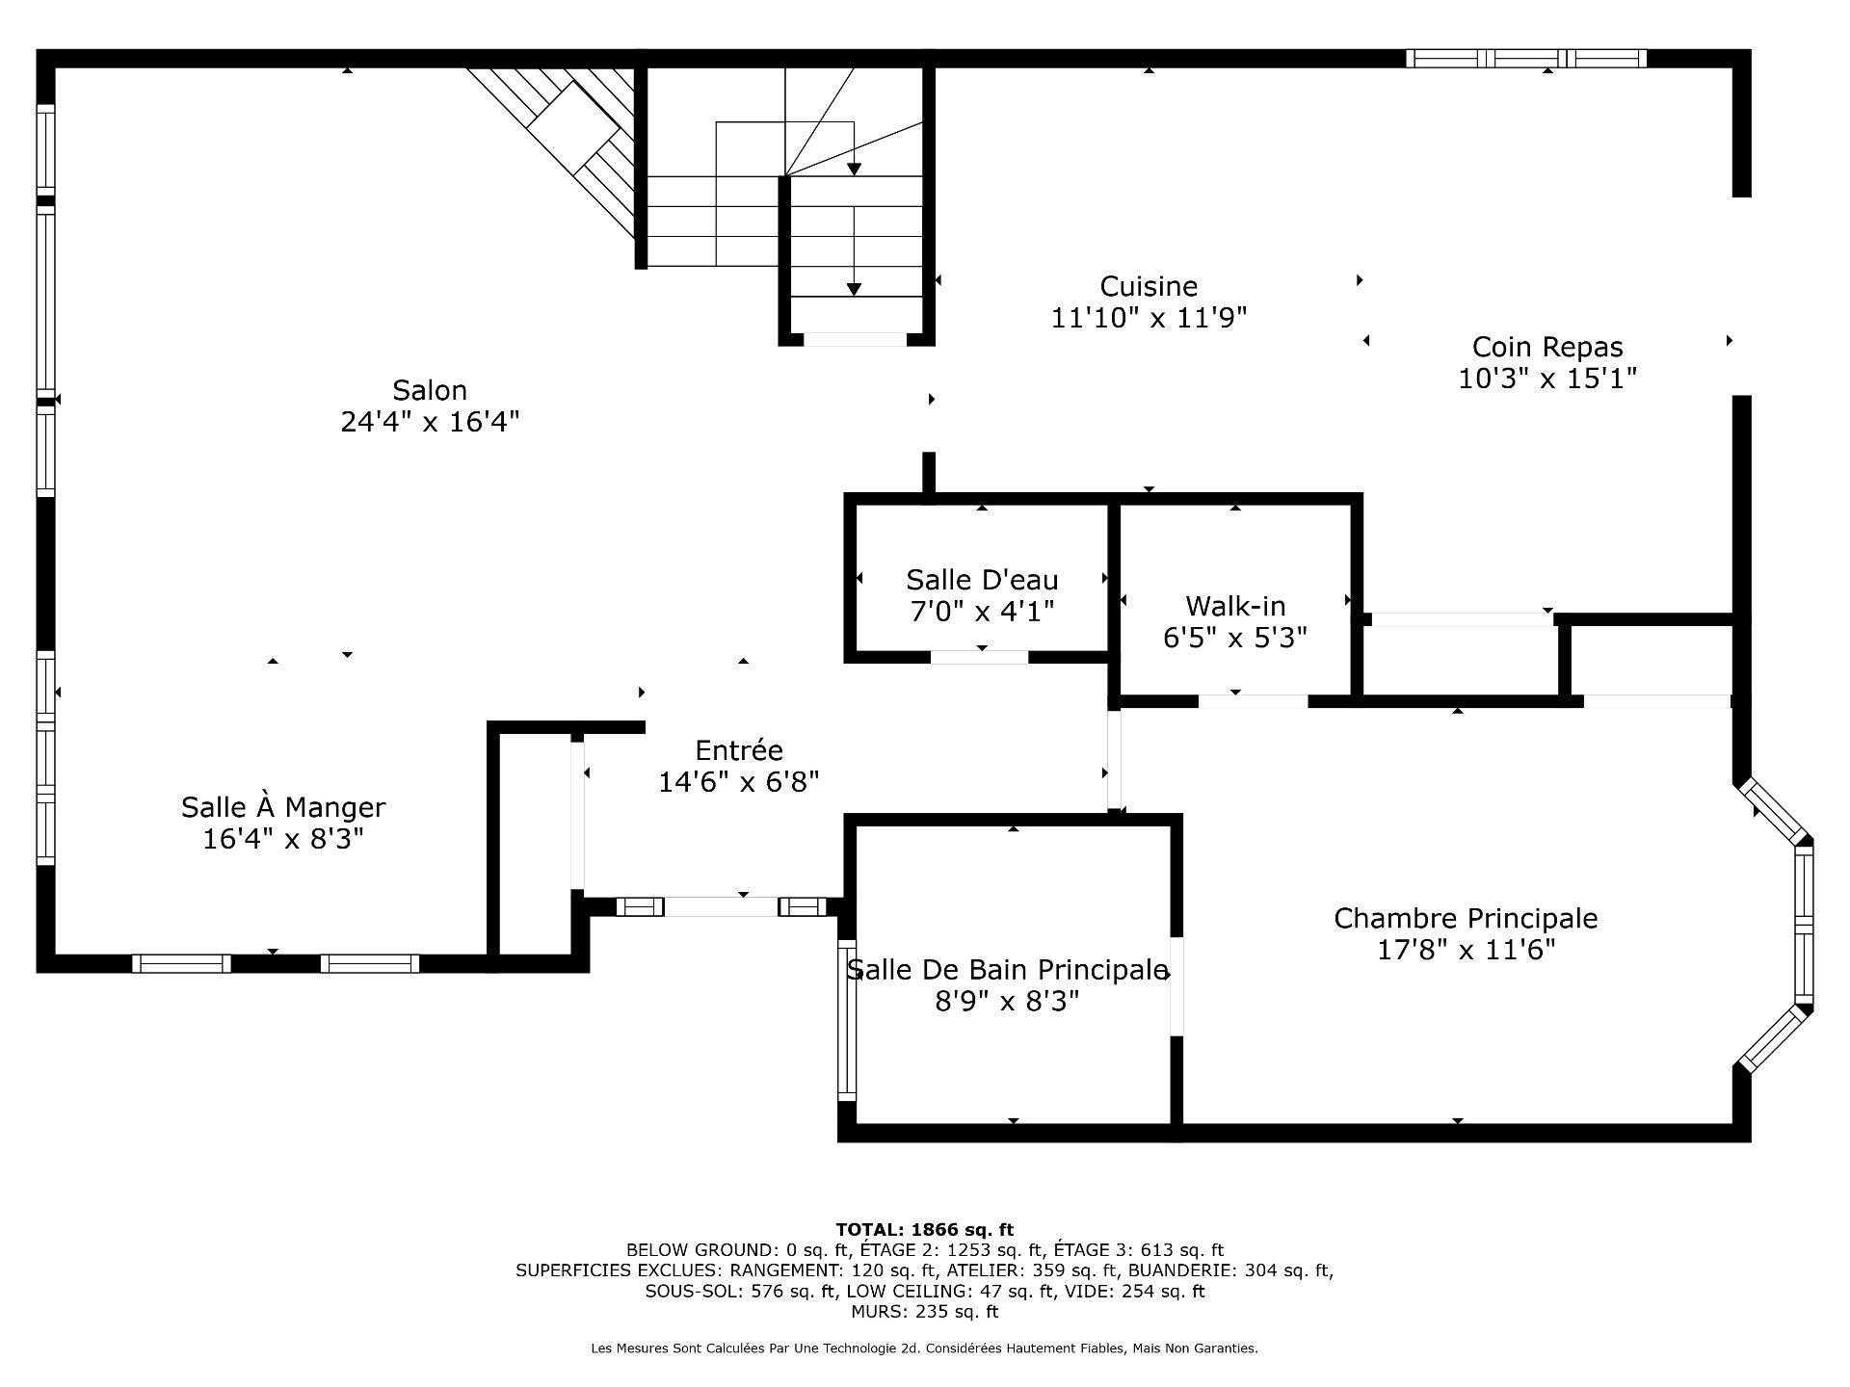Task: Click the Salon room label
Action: coord(430,390)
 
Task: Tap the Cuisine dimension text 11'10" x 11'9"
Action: coord(1149,318)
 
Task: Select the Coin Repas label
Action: coord(1547,347)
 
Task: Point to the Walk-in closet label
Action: coord(1235,606)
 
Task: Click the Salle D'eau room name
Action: coord(982,580)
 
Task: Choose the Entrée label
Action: coord(739,750)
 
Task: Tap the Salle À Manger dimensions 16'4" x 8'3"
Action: coord(282,839)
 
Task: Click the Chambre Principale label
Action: coord(1466,918)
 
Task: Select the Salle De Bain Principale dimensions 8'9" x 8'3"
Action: coord(1007,1002)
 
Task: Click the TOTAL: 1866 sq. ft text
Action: coord(924,1229)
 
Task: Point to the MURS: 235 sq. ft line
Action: coord(924,1312)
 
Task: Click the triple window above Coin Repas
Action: coord(1526,59)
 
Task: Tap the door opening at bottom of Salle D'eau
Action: coord(979,658)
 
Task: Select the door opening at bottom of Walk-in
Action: coord(1253,701)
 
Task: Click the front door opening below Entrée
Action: coord(722,906)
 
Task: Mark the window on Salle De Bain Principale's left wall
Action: coord(847,1020)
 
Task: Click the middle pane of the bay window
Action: coord(1804,925)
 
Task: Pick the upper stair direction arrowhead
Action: coord(854,170)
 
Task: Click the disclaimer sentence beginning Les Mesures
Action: coord(924,1348)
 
